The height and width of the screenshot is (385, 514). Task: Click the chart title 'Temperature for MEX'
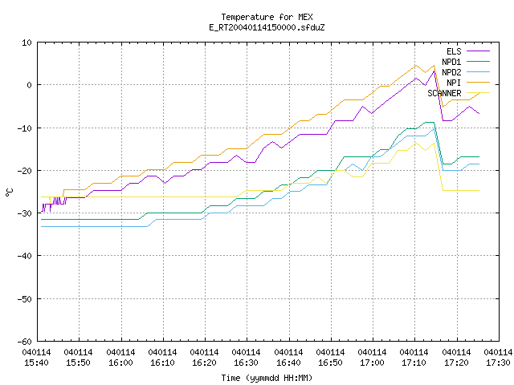267,17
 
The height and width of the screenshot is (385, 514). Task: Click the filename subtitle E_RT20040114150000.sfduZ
267,27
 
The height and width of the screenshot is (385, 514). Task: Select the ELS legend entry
467,51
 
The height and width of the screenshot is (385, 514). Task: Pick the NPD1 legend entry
466,62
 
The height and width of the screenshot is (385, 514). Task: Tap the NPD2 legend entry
466,72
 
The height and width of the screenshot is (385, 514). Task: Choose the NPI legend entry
467,83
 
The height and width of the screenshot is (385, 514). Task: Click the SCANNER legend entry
459,93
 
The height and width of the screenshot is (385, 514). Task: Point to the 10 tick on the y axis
27,43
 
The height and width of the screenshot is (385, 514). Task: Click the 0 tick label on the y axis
30,85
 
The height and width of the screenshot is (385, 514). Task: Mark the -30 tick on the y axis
25,213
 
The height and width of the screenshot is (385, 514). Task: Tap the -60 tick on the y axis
25,342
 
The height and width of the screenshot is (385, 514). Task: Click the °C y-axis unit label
9,192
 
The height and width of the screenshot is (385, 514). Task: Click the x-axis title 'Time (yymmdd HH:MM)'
267,378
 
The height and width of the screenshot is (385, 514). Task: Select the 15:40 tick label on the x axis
37,358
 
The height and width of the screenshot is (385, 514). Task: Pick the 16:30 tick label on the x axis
247,358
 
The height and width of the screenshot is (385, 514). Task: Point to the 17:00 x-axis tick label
373,358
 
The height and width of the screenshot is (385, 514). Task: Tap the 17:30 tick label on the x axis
498,358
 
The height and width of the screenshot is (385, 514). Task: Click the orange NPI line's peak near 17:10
416,65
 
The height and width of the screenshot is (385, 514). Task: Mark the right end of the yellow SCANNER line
479,190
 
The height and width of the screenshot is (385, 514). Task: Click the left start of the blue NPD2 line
41,226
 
